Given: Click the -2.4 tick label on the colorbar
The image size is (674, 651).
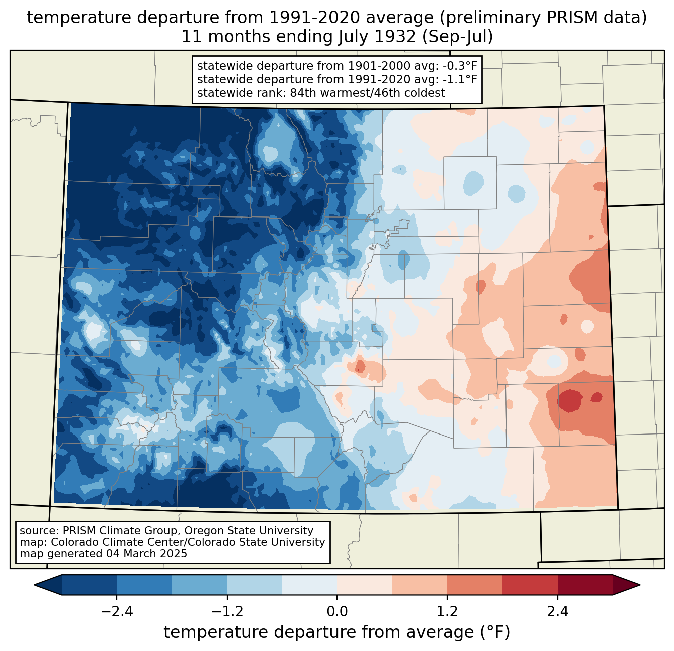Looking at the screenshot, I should [116, 612].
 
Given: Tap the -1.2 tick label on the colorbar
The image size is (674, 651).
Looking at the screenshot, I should [227, 612].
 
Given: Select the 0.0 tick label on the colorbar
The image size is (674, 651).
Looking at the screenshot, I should [337, 612].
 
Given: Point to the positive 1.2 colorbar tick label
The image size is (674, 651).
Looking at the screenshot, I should [447, 612].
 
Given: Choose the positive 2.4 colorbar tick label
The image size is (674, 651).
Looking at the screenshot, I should [557, 612].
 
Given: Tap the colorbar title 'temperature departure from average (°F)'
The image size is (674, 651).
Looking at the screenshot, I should [336, 632].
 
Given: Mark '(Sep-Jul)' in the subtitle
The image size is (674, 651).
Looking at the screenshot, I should [460, 37].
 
